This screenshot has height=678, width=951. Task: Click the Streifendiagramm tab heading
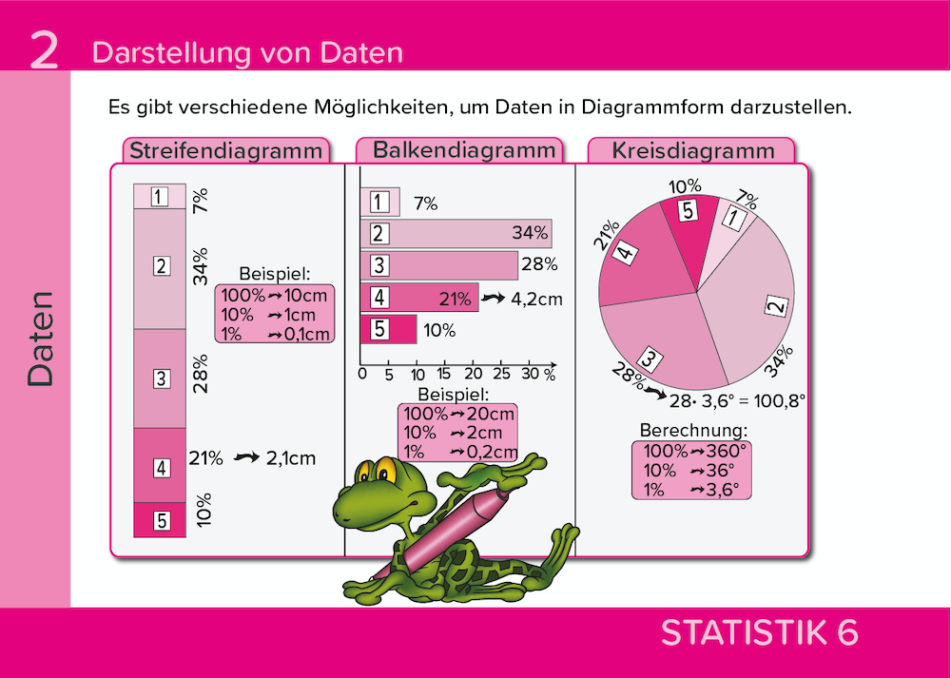226,151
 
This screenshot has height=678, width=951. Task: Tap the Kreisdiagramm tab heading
692,151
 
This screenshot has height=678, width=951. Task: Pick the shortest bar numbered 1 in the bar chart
380,203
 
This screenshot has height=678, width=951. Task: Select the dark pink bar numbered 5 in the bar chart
389,330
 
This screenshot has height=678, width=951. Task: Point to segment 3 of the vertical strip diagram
160,378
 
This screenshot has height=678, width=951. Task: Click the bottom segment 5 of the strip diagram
160,520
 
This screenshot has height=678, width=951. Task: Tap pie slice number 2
751,285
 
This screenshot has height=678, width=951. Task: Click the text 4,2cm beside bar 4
536,299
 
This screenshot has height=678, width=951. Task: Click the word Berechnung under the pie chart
693,430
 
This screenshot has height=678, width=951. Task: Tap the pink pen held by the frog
447,528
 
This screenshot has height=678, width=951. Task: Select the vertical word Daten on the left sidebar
41,339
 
